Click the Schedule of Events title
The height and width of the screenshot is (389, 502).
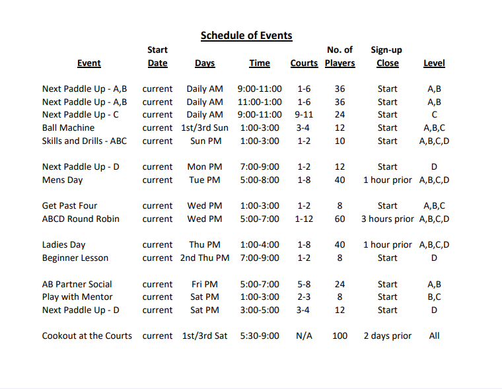click(x=246, y=36)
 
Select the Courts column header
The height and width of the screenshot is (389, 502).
click(x=304, y=63)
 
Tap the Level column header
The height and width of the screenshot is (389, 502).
click(x=434, y=63)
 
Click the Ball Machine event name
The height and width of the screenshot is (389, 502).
click(x=68, y=127)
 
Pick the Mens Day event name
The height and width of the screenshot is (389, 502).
click(x=62, y=180)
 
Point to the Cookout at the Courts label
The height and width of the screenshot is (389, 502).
click(x=87, y=336)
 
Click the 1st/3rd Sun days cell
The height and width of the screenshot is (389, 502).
click(x=205, y=127)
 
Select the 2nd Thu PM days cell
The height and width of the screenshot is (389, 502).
click(x=205, y=258)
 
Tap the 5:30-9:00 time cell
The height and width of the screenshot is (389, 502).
click(x=260, y=336)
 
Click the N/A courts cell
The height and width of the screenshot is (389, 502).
click(x=304, y=336)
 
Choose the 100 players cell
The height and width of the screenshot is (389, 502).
click(x=340, y=336)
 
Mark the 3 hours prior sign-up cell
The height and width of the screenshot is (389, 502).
click(x=387, y=219)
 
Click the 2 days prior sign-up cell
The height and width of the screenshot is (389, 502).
click(x=387, y=336)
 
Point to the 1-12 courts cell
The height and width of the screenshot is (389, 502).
click(x=304, y=219)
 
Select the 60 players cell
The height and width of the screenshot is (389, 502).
click(x=340, y=219)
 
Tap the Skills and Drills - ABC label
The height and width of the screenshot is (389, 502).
click(x=85, y=141)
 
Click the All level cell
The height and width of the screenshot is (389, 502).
click(x=434, y=336)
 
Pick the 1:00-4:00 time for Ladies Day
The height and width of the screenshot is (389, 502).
click(x=260, y=244)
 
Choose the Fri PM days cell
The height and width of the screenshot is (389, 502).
click(x=205, y=284)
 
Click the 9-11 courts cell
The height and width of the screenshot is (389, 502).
click(x=304, y=114)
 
